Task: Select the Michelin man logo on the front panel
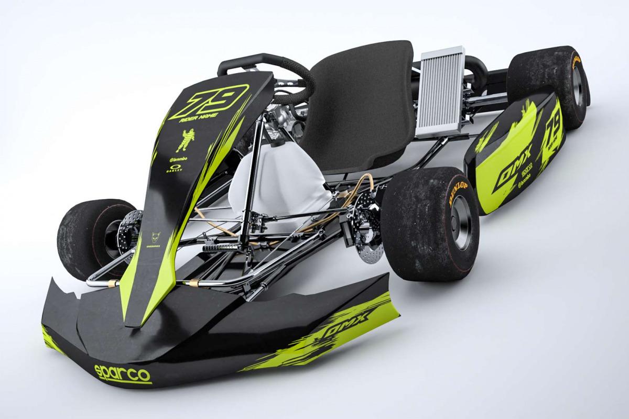[x=186, y=140]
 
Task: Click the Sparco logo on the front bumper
[x=122, y=373]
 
